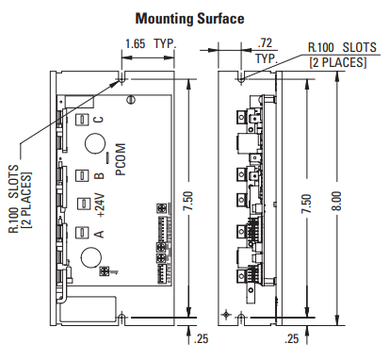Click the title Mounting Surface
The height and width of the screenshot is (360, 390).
click(x=189, y=19)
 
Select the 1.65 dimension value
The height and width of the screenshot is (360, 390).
click(x=136, y=43)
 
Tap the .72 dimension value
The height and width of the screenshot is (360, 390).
click(x=265, y=42)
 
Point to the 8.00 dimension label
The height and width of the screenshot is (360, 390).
click(x=336, y=201)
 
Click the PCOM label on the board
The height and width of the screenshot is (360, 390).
click(x=121, y=159)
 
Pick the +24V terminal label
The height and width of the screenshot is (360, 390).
click(x=101, y=205)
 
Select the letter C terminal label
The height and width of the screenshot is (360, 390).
click(x=99, y=120)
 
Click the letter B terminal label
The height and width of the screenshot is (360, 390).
click(x=99, y=174)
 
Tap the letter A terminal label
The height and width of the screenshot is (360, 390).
click(x=99, y=234)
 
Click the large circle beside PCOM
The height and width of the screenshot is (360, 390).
click(x=95, y=143)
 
